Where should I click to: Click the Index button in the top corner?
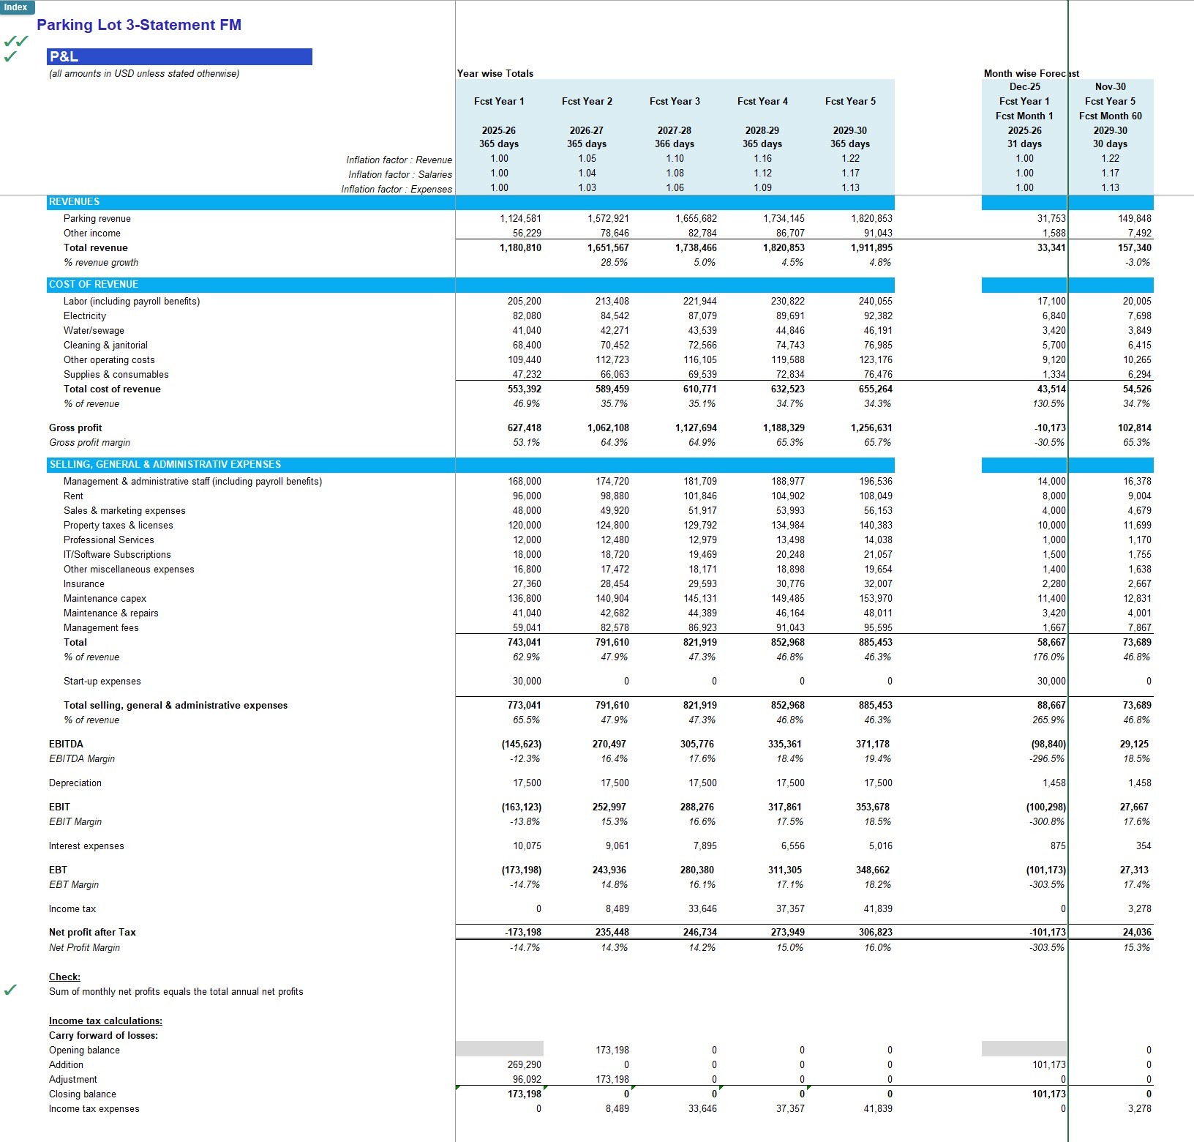pyautogui.click(x=16, y=7)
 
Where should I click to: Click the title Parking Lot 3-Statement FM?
pyautogui.click(x=139, y=25)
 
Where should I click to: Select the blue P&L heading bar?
pyautogui.click(x=179, y=56)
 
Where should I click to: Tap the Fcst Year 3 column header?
pyautogui.click(x=674, y=101)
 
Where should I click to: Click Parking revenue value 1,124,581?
pyautogui.click(x=520, y=218)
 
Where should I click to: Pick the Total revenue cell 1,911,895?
pyautogui.click(x=871, y=247)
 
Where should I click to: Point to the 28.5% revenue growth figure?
pyautogui.click(x=614, y=262)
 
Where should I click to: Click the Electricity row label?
pyautogui.click(x=85, y=316)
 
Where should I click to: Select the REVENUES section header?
pyautogui.click(x=75, y=201)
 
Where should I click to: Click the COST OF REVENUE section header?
pyautogui.click(x=94, y=284)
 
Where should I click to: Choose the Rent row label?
pyautogui.click(x=73, y=496)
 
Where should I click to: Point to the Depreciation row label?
pyautogui.click(x=75, y=783)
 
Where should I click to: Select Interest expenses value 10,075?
pyautogui.click(x=527, y=846)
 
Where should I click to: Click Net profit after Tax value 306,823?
pyautogui.click(x=875, y=932)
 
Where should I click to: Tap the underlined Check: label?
pyautogui.click(x=64, y=977)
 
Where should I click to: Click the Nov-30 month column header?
pyautogui.click(x=1110, y=86)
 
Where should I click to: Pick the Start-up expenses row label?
pyautogui.click(x=102, y=681)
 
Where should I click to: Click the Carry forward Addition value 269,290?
pyautogui.click(x=524, y=1064)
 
